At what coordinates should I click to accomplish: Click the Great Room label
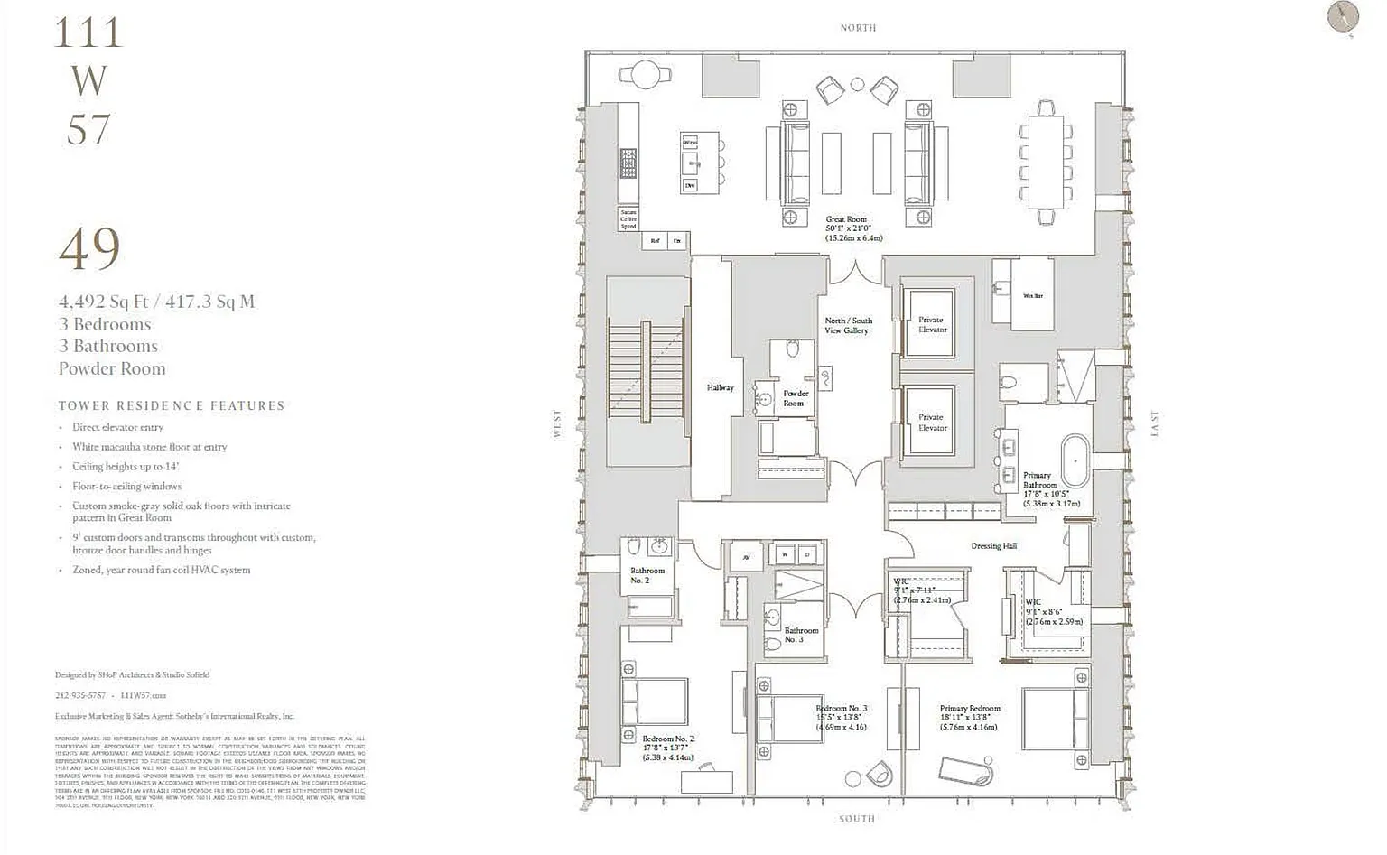pyautogui.click(x=846, y=219)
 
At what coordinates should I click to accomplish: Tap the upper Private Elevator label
pyautogui.click(x=932, y=324)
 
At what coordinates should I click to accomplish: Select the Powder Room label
pyautogui.click(x=795, y=398)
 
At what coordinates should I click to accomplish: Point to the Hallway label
pyautogui.click(x=720, y=388)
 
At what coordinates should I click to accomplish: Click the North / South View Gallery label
pyautogui.click(x=848, y=325)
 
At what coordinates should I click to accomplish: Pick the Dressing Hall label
pyautogui.click(x=993, y=546)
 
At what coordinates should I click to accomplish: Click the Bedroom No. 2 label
pyautogui.click(x=668, y=739)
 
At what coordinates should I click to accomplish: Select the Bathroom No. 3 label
pyautogui.click(x=801, y=635)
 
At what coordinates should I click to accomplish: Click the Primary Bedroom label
pyautogui.click(x=969, y=709)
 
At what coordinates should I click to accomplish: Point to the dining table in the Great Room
pyautogui.click(x=1046, y=163)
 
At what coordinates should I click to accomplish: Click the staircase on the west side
pyautogui.click(x=645, y=370)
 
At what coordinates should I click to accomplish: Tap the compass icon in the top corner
pyautogui.click(x=1343, y=17)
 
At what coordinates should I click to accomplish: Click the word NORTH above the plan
pyautogui.click(x=858, y=28)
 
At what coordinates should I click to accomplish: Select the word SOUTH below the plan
pyautogui.click(x=856, y=819)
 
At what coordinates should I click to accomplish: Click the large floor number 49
pyautogui.click(x=89, y=249)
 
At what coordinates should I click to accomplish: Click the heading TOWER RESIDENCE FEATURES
pyautogui.click(x=172, y=406)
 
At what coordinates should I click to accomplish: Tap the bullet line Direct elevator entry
pyautogui.click(x=117, y=427)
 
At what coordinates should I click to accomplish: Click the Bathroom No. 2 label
pyautogui.click(x=647, y=575)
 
